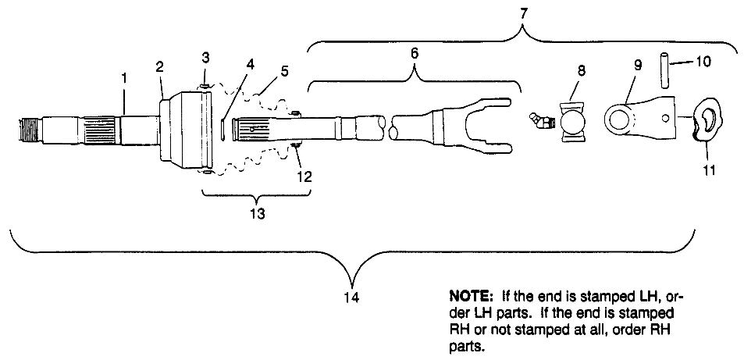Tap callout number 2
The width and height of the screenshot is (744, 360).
point(159,68)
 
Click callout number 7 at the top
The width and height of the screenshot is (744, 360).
point(522,13)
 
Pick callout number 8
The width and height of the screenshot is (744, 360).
point(581,70)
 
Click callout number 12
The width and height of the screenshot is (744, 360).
point(304,176)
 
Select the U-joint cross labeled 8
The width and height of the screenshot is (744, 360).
point(575,123)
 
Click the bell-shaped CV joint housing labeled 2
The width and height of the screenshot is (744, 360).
point(181,128)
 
